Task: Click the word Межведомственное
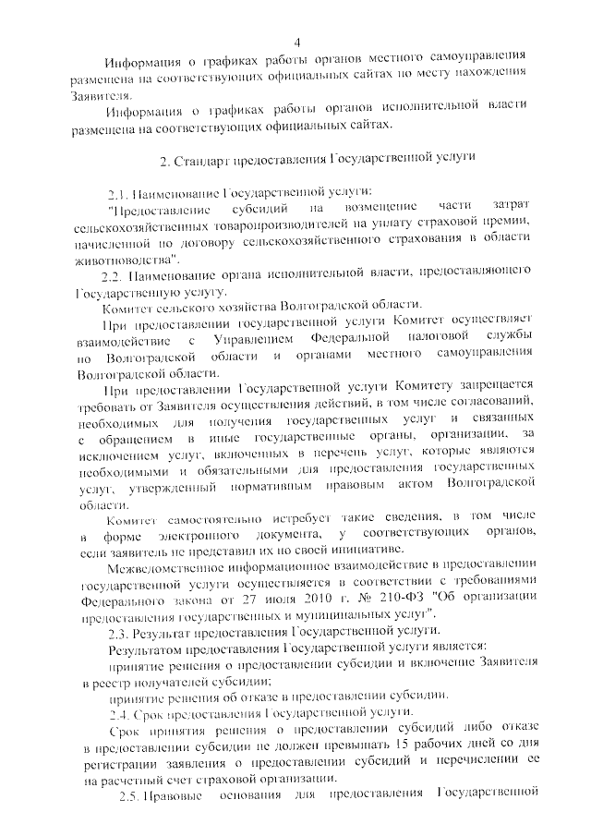(x=164, y=564)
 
